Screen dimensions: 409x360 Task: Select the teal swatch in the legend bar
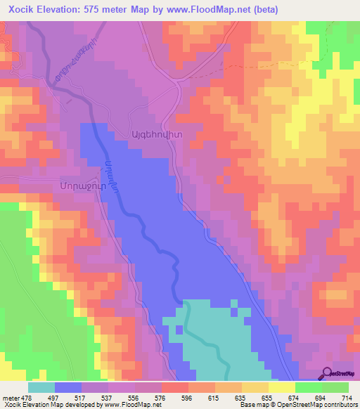point(41,387)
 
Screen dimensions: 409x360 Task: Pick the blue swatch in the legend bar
point(68,387)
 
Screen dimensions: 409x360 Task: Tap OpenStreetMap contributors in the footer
point(321,405)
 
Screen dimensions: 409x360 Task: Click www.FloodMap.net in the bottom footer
point(131,405)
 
